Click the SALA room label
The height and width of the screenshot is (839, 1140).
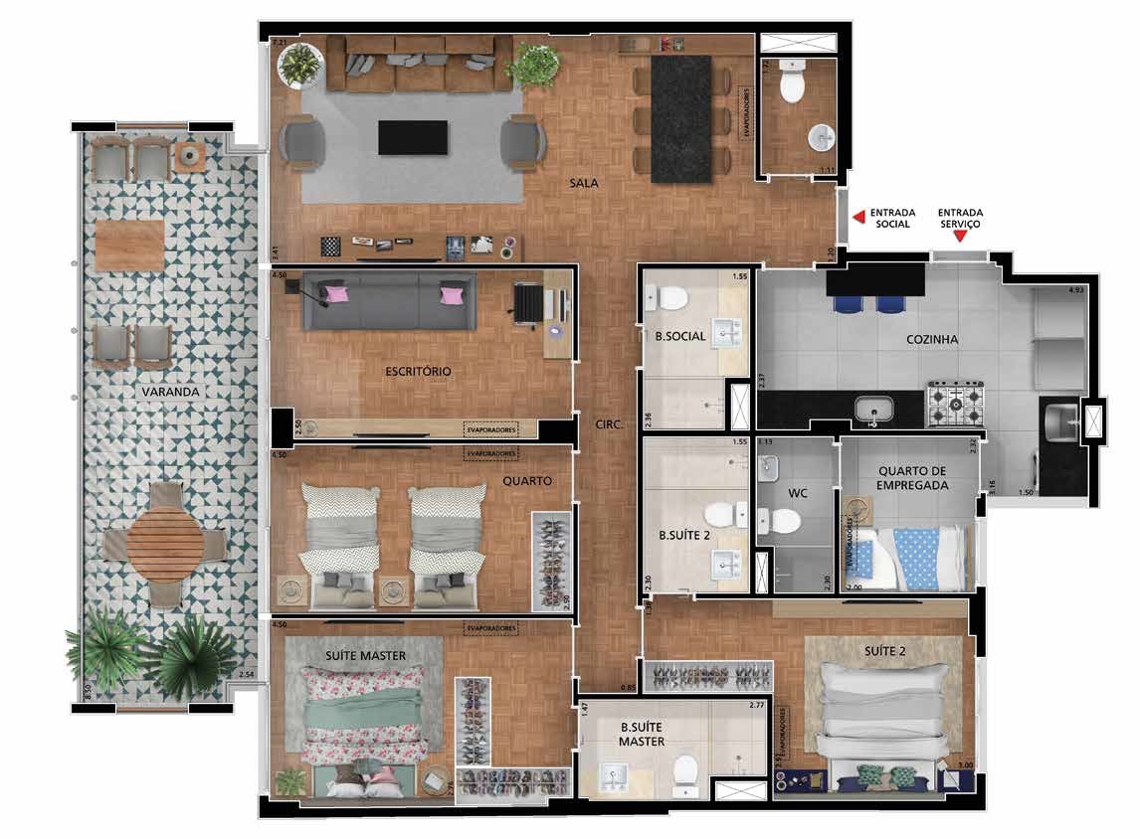click(x=584, y=183)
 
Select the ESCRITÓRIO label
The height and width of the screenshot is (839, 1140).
click(x=418, y=371)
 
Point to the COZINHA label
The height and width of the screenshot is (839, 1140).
click(x=932, y=339)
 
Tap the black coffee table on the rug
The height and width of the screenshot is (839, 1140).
click(x=412, y=137)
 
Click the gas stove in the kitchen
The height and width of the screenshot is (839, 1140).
click(x=955, y=403)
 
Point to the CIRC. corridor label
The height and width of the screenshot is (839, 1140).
click(x=609, y=423)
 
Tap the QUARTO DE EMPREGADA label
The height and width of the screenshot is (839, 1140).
click(x=912, y=478)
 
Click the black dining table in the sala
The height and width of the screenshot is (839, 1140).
click(x=681, y=117)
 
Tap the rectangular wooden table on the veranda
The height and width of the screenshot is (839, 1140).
click(x=130, y=245)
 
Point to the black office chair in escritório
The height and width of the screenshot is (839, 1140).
click(x=528, y=302)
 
